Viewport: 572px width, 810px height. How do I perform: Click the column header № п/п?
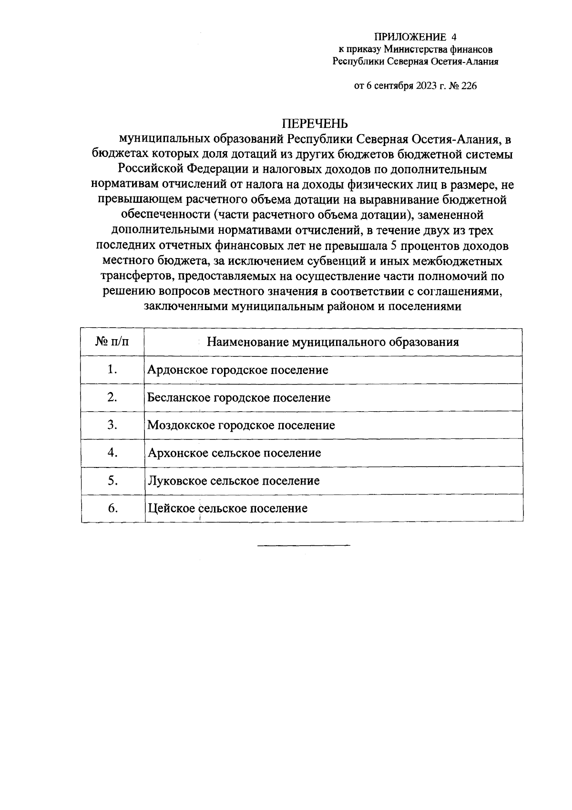pos(112,342)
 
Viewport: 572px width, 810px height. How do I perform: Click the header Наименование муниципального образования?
pos(333,342)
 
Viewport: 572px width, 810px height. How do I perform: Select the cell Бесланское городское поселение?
pos(239,398)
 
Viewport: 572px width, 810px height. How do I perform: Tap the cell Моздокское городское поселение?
pos(241,426)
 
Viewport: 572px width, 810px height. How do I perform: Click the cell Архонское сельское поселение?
pos(234,453)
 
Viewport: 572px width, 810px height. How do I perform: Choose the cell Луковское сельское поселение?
pos(233,481)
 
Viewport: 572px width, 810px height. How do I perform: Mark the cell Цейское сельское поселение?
pos(227,509)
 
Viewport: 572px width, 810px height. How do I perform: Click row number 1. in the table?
pos(112,370)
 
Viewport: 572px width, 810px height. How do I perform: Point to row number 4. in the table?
pos(112,453)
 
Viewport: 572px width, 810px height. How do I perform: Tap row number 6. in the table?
pos(112,508)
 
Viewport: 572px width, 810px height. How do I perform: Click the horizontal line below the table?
pos(304,545)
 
